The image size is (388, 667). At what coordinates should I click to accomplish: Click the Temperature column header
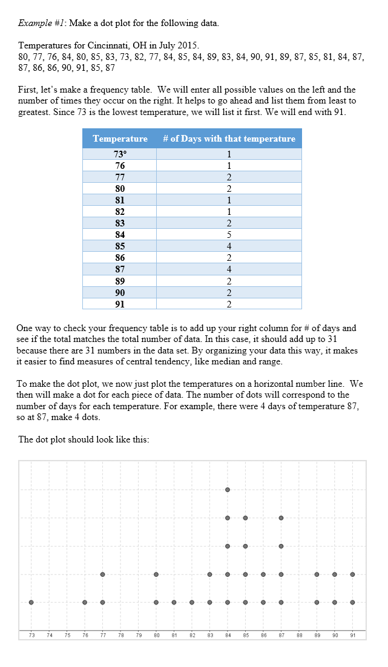click(x=120, y=139)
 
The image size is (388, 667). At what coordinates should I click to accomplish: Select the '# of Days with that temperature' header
click(x=229, y=139)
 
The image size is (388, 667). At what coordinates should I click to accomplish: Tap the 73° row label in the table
click(x=120, y=154)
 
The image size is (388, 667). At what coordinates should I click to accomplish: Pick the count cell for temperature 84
click(x=229, y=234)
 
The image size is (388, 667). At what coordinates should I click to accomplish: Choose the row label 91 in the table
click(x=120, y=304)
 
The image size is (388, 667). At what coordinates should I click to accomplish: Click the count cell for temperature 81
click(x=229, y=200)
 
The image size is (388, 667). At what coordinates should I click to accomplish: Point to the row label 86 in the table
click(x=120, y=258)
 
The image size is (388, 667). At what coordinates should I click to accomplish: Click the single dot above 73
click(x=31, y=602)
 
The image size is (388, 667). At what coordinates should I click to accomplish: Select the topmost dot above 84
click(x=228, y=490)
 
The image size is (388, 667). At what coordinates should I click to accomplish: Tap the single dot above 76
click(x=85, y=602)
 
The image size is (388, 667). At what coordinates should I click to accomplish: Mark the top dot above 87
click(x=281, y=518)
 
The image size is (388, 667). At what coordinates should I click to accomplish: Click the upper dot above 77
click(x=103, y=574)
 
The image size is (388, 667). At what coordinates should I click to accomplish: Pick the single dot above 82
click(x=192, y=602)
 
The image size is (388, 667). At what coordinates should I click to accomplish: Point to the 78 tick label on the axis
click(x=120, y=635)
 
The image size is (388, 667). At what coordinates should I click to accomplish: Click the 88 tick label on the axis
click(x=299, y=635)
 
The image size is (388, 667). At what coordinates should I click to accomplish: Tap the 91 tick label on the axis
click(x=352, y=635)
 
